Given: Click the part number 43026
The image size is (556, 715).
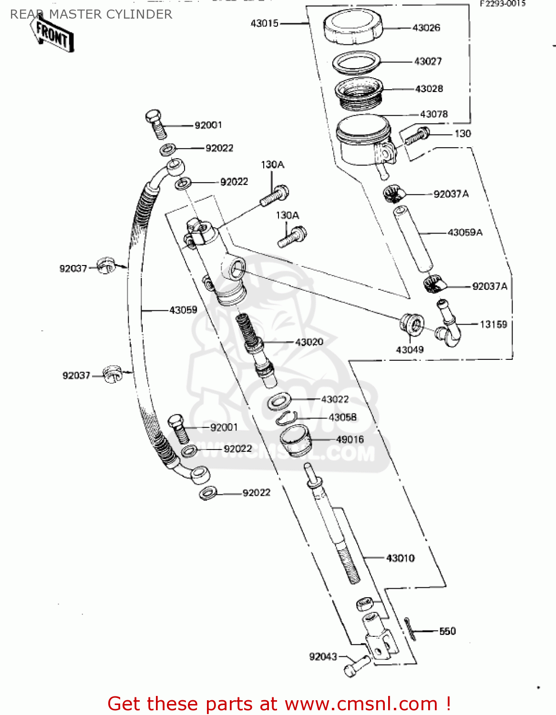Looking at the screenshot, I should [x=426, y=28].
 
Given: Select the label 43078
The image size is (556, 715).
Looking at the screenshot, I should [x=433, y=114].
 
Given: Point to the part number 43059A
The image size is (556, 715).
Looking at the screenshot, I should [x=465, y=233].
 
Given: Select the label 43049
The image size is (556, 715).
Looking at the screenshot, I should [x=410, y=350].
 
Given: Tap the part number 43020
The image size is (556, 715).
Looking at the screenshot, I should [x=309, y=342].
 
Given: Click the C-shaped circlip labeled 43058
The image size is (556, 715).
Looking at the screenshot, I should [x=287, y=418].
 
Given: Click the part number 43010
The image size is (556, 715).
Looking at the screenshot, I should [x=400, y=558].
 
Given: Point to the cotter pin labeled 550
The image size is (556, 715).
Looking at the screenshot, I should [x=410, y=629].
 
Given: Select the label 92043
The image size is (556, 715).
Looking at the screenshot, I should [x=323, y=656].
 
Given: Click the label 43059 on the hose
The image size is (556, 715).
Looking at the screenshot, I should [x=183, y=310].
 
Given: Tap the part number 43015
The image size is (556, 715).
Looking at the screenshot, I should [x=264, y=23].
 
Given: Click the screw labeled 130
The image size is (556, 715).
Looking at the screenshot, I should [x=417, y=136].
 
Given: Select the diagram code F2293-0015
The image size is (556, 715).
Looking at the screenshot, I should [x=502, y=3].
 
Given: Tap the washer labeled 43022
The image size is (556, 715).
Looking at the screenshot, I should [x=280, y=401].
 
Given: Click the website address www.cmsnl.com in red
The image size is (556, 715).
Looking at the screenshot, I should [x=361, y=704].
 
